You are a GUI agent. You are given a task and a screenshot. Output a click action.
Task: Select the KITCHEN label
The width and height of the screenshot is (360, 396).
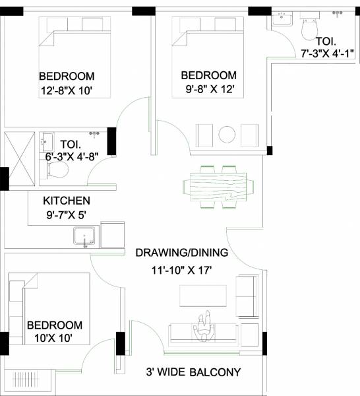tap(67, 201)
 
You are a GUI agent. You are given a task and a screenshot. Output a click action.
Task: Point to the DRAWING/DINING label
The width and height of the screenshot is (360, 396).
tap(181, 252)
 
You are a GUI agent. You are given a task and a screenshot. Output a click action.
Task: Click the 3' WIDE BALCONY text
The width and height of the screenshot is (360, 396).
tap(193, 372)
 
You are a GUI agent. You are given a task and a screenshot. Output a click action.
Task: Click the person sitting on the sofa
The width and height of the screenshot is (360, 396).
tap(204, 327)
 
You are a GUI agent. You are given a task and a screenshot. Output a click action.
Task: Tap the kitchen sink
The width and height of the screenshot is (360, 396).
tap(85, 236)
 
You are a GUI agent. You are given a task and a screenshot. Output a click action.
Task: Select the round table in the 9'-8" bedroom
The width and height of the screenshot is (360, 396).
tap(227, 133)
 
